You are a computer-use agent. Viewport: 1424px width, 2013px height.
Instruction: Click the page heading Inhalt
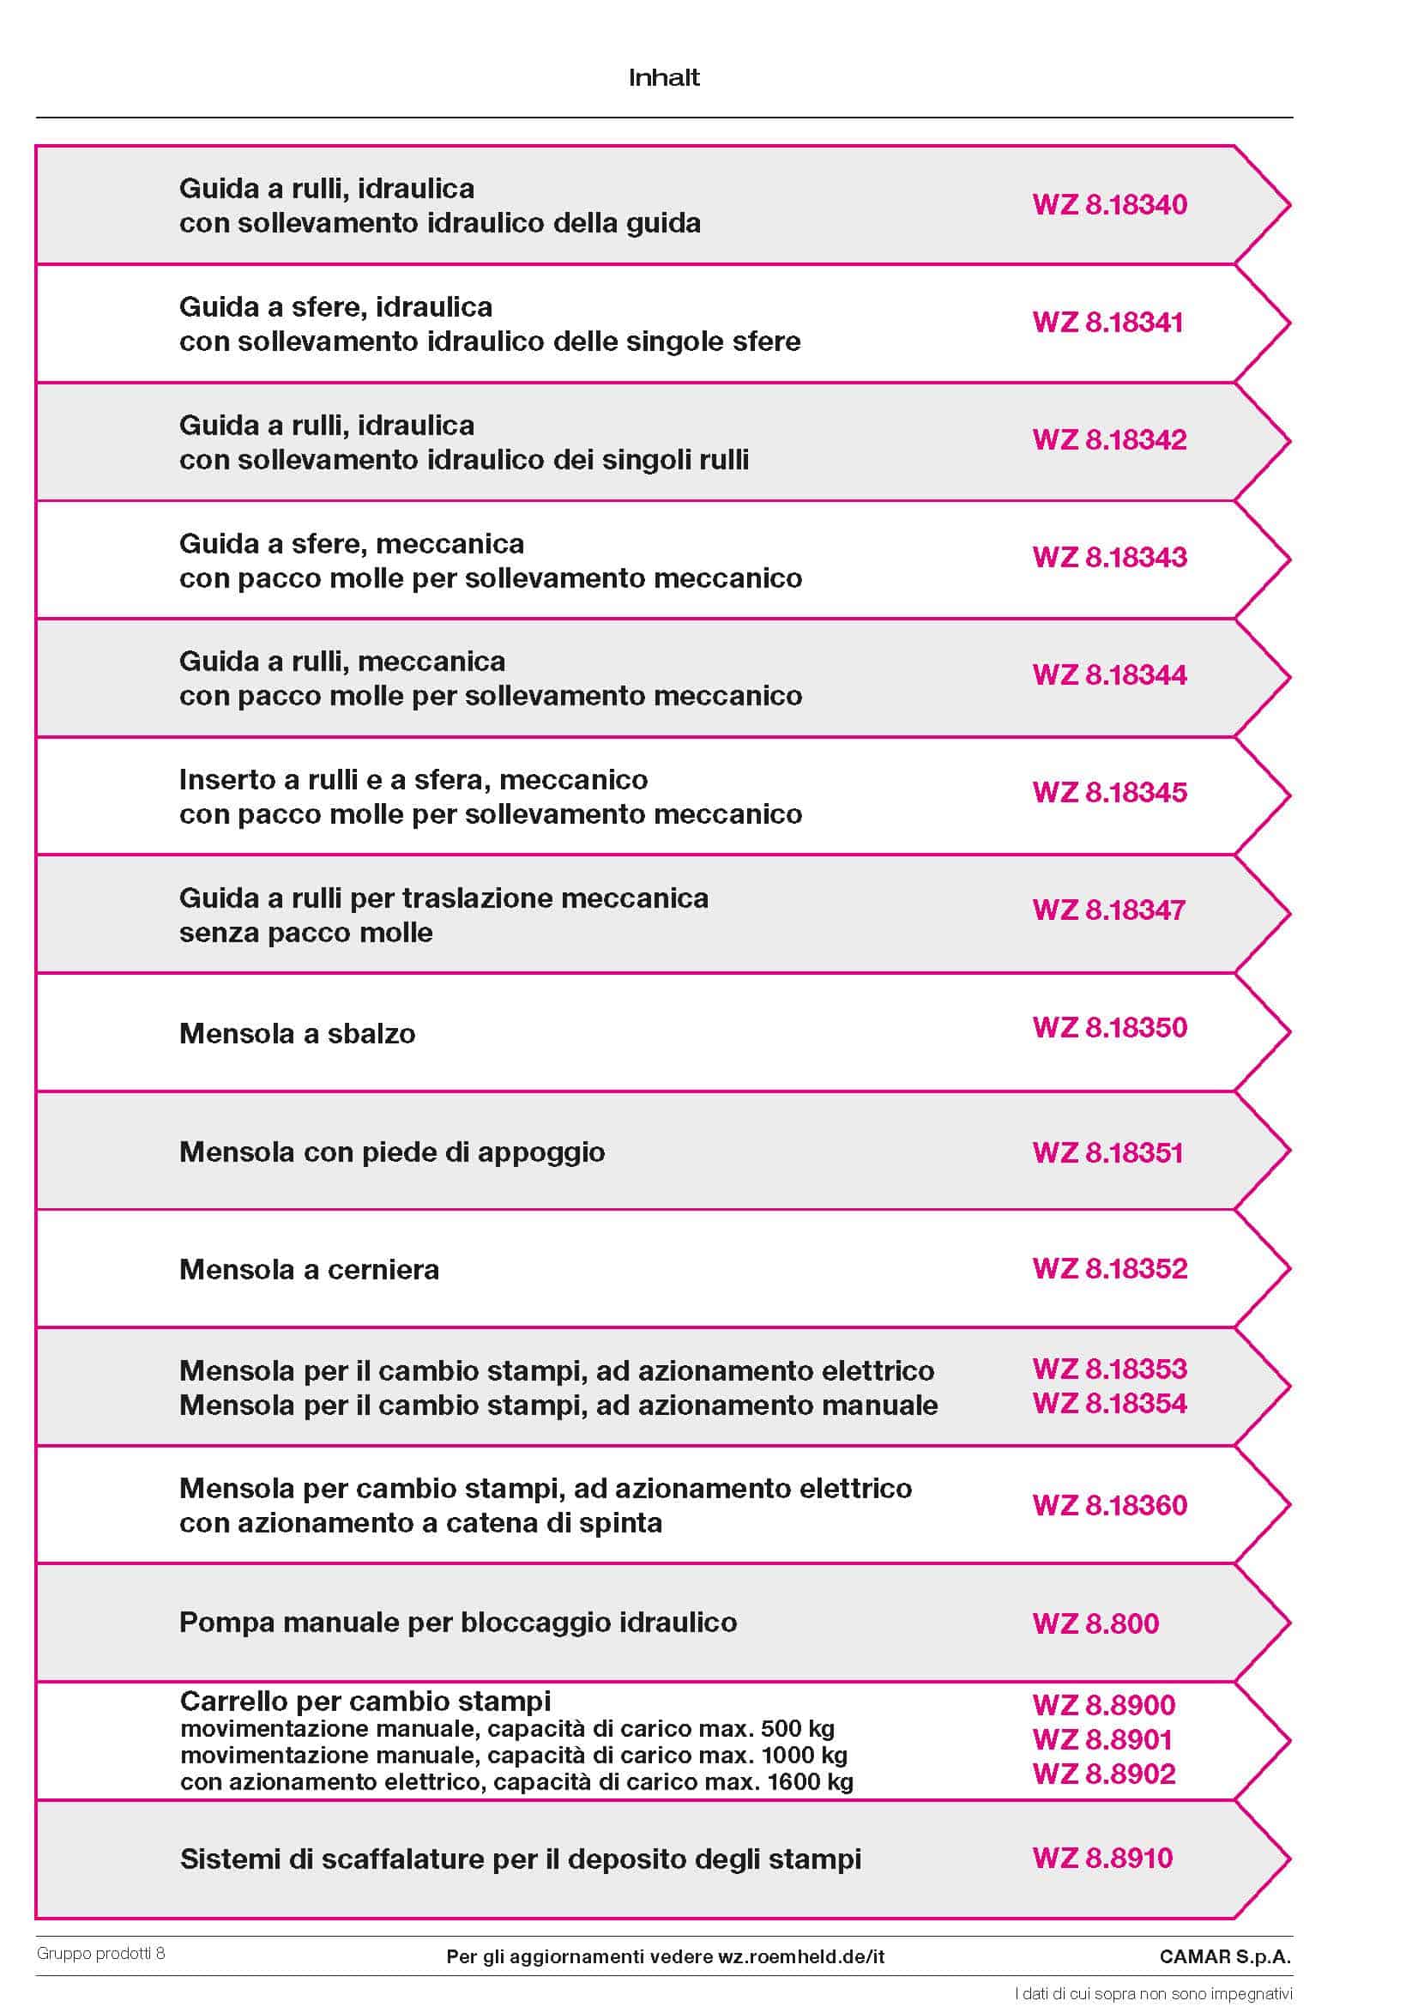tap(664, 78)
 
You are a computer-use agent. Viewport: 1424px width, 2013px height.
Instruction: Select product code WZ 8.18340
tap(1109, 204)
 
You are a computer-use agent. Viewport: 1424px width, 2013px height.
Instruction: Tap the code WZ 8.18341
tap(1107, 322)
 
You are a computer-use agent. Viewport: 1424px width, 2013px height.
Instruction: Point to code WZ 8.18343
tap(1109, 557)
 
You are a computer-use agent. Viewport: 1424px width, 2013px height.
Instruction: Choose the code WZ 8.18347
tap(1108, 910)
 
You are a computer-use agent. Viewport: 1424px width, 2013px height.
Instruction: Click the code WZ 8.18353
tap(1109, 1369)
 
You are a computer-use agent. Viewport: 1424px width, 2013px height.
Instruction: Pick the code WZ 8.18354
tap(1109, 1404)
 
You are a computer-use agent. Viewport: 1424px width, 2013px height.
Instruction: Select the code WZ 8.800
tap(1095, 1623)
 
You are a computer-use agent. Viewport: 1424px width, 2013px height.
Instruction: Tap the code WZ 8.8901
tap(1102, 1739)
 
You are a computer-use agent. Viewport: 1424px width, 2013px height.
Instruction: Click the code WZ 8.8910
tap(1102, 1858)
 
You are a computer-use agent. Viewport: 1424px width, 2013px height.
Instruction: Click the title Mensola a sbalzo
tap(298, 1033)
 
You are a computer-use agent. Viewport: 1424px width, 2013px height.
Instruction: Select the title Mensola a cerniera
tap(309, 1269)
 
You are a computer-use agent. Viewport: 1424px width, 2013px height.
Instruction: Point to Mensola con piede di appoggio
tap(392, 1152)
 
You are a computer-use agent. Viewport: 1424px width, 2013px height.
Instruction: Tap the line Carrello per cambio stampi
tap(365, 1702)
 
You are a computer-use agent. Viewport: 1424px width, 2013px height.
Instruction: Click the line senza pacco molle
tap(306, 933)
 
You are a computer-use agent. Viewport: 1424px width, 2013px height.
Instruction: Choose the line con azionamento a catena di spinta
tap(421, 1523)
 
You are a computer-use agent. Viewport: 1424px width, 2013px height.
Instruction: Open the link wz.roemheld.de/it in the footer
tap(801, 1957)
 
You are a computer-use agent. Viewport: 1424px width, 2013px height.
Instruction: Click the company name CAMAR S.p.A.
tap(1225, 1957)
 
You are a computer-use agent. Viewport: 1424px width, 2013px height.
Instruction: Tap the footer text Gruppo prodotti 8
tap(101, 1953)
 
